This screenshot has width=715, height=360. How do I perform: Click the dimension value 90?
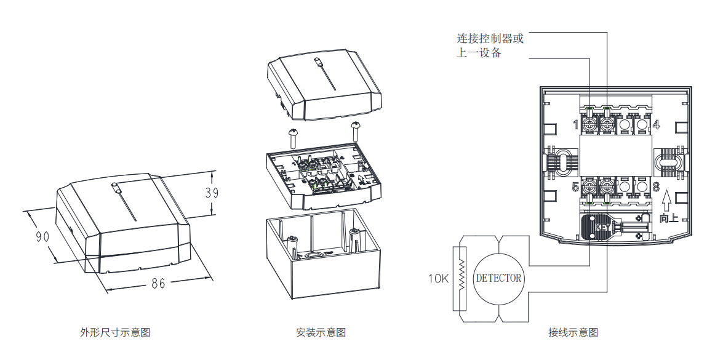[42, 236]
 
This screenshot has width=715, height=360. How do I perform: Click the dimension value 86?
[158, 284]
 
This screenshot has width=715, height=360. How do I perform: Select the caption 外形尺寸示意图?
[115, 332]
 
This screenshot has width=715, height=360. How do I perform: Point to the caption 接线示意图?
[573, 332]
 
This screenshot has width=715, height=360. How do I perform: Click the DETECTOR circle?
[498, 278]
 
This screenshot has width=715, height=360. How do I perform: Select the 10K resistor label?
[439, 279]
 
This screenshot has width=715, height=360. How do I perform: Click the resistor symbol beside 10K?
[460, 278]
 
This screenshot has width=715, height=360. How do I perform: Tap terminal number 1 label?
[576, 125]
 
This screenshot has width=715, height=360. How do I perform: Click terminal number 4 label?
[656, 125]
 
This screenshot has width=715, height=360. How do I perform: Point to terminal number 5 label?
[576, 186]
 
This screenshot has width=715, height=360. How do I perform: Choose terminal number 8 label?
[656, 186]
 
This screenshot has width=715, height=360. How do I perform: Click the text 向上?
[668, 218]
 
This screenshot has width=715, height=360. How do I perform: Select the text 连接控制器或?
[490, 39]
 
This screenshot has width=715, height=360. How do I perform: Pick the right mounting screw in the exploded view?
[356, 129]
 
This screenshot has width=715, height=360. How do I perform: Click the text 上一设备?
[479, 53]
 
